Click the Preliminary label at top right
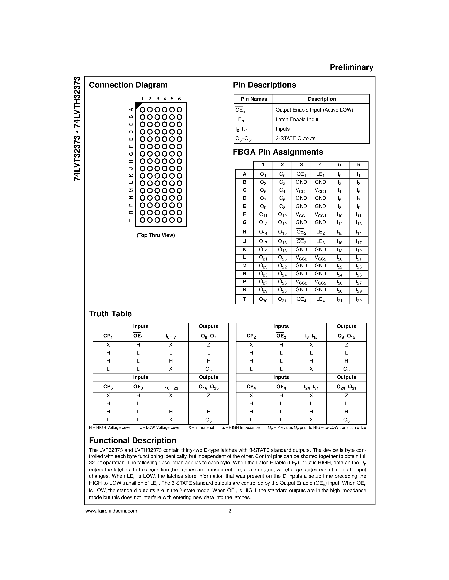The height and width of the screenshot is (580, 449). click(351, 67)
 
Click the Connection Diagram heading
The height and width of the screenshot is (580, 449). click(128, 85)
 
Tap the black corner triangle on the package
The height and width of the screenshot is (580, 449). click(138, 105)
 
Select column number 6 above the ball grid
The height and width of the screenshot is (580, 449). click(180, 99)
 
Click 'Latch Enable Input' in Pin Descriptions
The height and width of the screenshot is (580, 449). click(297, 120)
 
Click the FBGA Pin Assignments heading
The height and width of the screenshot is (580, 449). click(278, 152)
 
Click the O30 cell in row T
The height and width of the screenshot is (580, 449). click(263, 299)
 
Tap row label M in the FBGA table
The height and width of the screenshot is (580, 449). click(244, 266)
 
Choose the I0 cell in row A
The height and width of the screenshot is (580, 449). click(339, 174)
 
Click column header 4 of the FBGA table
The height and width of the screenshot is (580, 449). click(320, 165)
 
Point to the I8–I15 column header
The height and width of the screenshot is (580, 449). click(311, 336)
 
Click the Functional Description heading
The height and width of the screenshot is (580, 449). click(132, 441)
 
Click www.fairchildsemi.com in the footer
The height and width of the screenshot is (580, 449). click(111, 511)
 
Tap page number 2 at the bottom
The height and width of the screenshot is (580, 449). click(229, 511)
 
